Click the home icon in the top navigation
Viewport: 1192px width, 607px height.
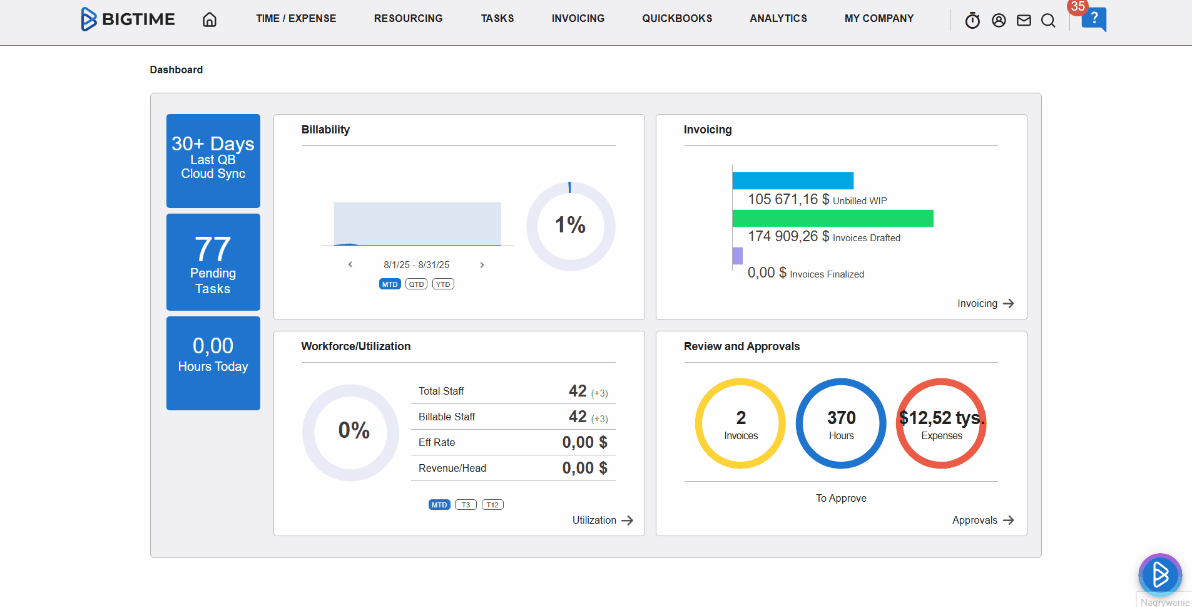(210, 19)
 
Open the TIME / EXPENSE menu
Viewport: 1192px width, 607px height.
(296, 19)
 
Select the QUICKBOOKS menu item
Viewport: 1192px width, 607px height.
(677, 19)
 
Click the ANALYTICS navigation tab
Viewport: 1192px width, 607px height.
(778, 19)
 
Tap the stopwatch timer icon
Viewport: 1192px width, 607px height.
(972, 21)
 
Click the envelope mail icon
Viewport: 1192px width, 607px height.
(1024, 21)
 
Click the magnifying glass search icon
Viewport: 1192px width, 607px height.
(1048, 21)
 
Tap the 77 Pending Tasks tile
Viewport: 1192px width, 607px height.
(213, 262)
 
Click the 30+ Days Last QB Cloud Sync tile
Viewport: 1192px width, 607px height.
(213, 160)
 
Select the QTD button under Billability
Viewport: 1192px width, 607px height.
(416, 284)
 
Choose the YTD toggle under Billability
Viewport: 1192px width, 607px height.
(443, 284)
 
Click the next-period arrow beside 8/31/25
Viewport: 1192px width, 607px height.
(482, 265)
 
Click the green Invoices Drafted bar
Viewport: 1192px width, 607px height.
(832, 219)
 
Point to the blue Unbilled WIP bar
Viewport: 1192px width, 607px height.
(793, 180)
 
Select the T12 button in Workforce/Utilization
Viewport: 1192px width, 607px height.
(492, 505)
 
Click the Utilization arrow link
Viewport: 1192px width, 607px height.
(603, 521)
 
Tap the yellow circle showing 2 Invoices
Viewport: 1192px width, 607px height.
(741, 423)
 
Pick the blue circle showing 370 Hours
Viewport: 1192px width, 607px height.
(841, 423)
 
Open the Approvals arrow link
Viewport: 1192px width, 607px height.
(982, 521)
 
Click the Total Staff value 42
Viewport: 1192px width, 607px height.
(578, 391)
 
